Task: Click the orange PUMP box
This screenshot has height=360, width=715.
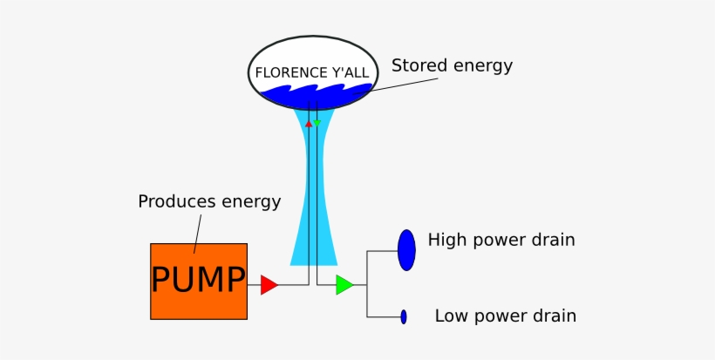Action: click(198, 281)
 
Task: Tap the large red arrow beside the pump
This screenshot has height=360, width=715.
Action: click(269, 285)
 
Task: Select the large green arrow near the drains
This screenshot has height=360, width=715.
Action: click(344, 285)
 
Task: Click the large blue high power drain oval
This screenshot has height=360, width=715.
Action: click(406, 250)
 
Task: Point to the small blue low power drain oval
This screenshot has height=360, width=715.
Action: click(404, 316)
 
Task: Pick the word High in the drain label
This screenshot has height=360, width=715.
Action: click(446, 240)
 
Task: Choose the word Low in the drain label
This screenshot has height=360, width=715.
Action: click(451, 316)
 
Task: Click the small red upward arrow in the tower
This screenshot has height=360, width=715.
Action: click(309, 125)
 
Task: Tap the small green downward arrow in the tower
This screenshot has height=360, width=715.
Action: click(317, 124)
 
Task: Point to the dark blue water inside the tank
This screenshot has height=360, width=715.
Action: click(314, 97)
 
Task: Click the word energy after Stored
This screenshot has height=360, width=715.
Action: click(483, 66)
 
